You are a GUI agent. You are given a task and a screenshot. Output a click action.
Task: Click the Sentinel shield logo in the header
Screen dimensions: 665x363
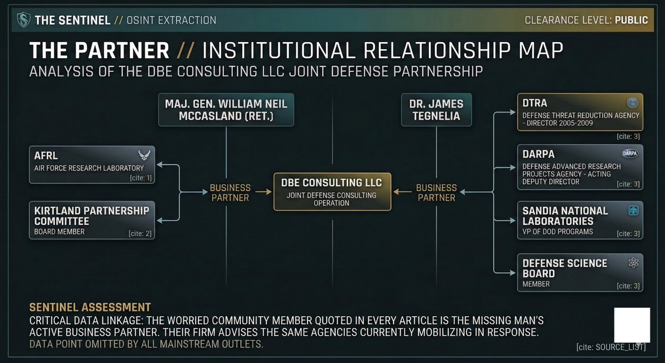point(23,20)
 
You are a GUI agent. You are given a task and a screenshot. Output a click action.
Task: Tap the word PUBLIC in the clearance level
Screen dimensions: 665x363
point(631,20)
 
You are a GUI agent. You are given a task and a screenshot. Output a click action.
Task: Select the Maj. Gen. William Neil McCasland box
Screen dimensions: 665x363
point(226,110)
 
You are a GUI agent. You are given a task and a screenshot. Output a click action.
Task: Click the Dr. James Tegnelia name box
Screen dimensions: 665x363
point(437,110)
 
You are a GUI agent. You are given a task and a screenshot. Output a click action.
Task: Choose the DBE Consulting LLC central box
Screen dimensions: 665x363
point(332,192)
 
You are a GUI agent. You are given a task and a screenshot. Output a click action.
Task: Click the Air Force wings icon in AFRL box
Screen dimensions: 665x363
point(144,155)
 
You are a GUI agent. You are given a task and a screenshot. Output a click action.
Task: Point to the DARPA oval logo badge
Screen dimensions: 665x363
point(630,154)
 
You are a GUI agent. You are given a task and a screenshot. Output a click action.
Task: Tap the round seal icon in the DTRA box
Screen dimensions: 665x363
point(633,103)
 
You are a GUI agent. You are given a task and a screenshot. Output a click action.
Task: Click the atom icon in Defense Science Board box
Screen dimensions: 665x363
point(633,263)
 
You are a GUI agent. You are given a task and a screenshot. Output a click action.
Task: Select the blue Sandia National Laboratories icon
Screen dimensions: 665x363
point(633,211)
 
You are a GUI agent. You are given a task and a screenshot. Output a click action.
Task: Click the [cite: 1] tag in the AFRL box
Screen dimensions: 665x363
point(141,178)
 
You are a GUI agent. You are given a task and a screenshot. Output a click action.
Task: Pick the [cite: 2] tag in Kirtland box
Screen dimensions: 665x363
point(140,233)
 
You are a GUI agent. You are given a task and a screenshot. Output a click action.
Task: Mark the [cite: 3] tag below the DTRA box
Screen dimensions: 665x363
point(628,136)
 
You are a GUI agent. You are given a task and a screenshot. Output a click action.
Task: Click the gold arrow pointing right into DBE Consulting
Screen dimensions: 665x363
point(263,192)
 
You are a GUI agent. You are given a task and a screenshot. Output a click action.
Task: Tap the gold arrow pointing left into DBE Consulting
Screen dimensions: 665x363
point(402,192)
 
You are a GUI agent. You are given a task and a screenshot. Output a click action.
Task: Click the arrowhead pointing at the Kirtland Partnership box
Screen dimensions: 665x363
point(160,221)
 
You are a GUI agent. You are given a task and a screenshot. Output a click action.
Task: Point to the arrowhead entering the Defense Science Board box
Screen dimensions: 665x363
point(513,273)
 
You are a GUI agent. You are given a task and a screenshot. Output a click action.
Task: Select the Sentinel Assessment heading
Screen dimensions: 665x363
point(90,308)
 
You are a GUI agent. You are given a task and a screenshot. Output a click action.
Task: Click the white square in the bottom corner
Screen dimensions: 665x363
point(632,325)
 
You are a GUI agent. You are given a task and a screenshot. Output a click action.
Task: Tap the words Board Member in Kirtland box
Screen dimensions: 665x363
point(59,232)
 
